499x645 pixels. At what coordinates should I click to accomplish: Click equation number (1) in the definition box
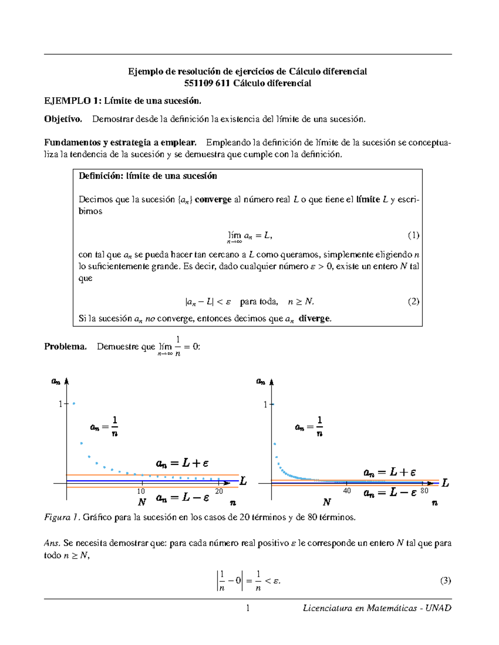click(x=413, y=235)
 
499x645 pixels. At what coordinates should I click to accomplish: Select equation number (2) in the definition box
click(x=413, y=302)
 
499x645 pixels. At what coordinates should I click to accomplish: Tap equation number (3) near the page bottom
click(x=445, y=580)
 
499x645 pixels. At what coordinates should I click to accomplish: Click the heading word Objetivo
click(x=63, y=119)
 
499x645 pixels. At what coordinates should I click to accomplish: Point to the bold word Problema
click(x=65, y=346)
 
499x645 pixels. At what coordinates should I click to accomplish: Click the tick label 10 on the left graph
click(x=141, y=491)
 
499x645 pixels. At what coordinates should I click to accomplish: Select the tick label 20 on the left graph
click(x=219, y=491)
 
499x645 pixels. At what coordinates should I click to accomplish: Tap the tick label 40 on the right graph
click(x=347, y=491)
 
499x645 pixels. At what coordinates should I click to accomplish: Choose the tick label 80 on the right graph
click(x=424, y=491)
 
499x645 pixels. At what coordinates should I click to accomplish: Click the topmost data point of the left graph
click(x=74, y=403)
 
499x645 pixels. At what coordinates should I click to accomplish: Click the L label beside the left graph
click(x=243, y=481)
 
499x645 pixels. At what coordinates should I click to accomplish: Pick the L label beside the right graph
click(x=445, y=483)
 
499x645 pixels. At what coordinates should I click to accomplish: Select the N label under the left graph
click(x=142, y=502)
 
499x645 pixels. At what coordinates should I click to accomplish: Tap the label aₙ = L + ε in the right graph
click(x=389, y=472)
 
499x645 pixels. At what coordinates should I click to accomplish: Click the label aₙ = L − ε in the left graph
click(x=182, y=498)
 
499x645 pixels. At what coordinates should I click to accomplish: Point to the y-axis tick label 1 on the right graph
click(x=265, y=404)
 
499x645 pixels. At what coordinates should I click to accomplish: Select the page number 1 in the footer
click(x=248, y=608)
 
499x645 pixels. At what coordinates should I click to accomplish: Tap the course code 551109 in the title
click(x=198, y=83)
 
